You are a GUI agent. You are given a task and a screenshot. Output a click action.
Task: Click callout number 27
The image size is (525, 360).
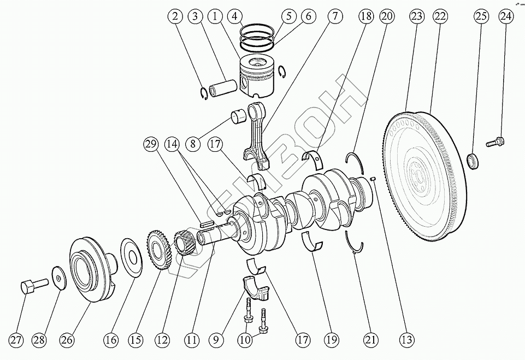pos(17,340)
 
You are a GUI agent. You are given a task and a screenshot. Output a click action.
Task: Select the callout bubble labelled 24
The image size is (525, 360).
pos(505,17)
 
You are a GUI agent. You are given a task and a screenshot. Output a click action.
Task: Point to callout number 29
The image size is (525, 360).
pos(151,145)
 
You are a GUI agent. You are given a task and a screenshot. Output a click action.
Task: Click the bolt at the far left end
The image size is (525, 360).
pos(30,286)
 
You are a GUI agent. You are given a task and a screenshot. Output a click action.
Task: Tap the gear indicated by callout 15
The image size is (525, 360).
pos(156,250)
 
